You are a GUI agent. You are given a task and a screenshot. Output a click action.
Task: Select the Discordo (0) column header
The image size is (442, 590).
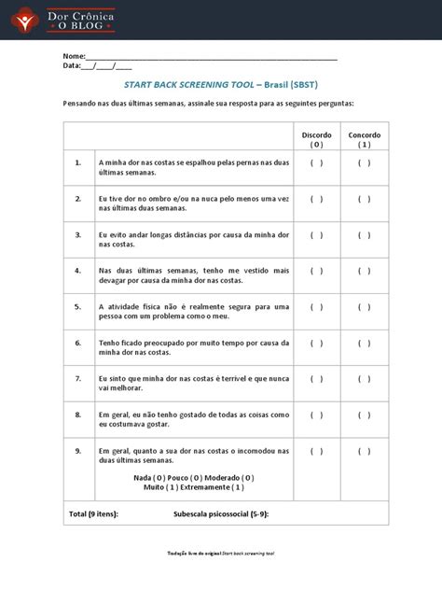tap(317, 140)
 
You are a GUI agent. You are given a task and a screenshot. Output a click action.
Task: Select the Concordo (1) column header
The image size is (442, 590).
tap(365, 140)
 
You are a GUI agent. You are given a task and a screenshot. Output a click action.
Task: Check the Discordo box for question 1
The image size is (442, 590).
tap(317, 162)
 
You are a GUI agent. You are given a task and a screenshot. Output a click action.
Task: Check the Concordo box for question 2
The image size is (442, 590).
tap(365, 199)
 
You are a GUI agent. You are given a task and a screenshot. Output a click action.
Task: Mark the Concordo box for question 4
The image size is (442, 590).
tap(365, 271)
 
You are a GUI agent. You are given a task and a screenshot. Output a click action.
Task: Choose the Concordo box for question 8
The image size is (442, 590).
tap(365, 414)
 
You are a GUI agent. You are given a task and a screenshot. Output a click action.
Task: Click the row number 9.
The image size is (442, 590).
tap(79, 451)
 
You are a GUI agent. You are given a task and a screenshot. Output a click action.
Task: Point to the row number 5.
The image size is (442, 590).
tap(79, 306)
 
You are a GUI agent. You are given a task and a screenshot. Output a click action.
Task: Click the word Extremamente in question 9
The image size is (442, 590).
tap(200, 486)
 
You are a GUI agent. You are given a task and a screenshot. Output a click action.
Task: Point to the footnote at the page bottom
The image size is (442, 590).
tap(220, 554)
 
